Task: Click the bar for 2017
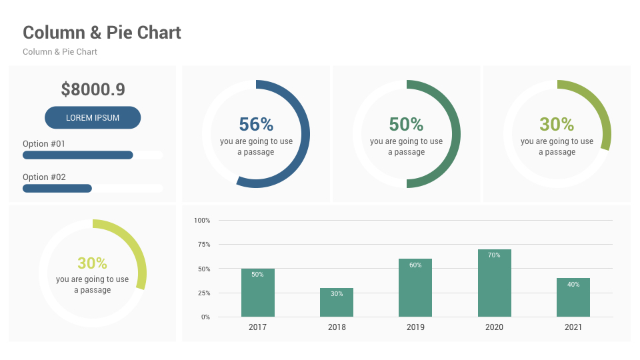[x=257, y=293]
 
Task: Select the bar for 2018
[x=337, y=303]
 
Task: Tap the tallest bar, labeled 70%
[x=494, y=283]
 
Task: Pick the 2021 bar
[x=573, y=297]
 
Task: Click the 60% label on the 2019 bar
[x=415, y=265]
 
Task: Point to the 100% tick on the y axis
[x=202, y=220]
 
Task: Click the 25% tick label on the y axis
[x=203, y=293]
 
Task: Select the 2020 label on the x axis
[x=494, y=327]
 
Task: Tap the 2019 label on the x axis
[x=415, y=327]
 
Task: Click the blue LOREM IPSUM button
[x=93, y=118]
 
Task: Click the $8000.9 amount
[x=93, y=89]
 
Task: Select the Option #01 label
[x=44, y=144]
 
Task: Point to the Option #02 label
[x=44, y=177]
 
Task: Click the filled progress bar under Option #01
[x=78, y=155]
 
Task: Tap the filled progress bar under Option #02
[x=57, y=189]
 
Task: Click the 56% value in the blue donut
[x=256, y=125]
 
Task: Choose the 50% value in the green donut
[x=406, y=125]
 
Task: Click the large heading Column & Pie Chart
[x=102, y=33]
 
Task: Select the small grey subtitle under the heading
[x=60, y=52]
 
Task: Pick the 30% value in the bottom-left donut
[x=92, y=263]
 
